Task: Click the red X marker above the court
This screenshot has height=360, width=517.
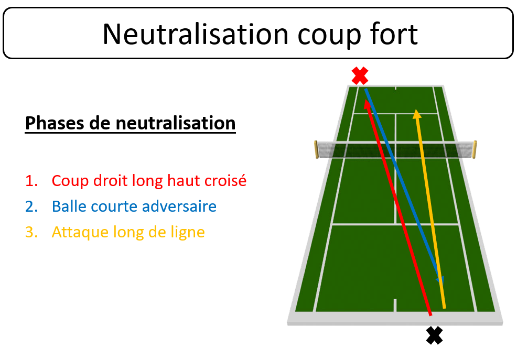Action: pyautogui.click(x=360, y=76)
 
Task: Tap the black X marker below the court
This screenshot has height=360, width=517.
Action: pyautogui.click(x=434, y=335)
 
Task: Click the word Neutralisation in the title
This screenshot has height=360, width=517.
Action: pyautogui.click(x=196, y=34)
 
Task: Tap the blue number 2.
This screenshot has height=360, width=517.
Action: pyautogui.click(x=31, y=206)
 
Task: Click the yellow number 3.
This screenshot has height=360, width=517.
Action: pyautogui.click(x=31, y=232)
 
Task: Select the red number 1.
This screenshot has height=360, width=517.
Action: pyautogui.click(x=31, y=181)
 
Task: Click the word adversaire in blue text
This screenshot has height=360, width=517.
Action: pyautogui.click(x=179, y=206)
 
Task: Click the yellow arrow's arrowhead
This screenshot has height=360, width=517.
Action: pyautogui.click(x=417, y=114)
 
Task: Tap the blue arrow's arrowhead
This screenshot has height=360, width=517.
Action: pyautogui.click(x=440, y=280)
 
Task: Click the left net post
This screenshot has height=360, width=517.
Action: pyautogui.click(x=316, y=149)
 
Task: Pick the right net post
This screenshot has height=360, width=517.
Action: pyautogui.click(x=475, y=149)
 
